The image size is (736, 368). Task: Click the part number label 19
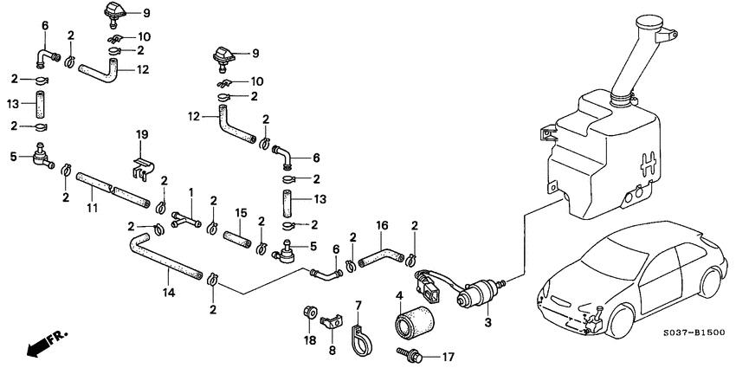tap(142, 134)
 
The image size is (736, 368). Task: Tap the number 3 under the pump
tap(487, 323)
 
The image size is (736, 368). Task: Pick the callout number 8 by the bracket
tap(332, 352)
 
